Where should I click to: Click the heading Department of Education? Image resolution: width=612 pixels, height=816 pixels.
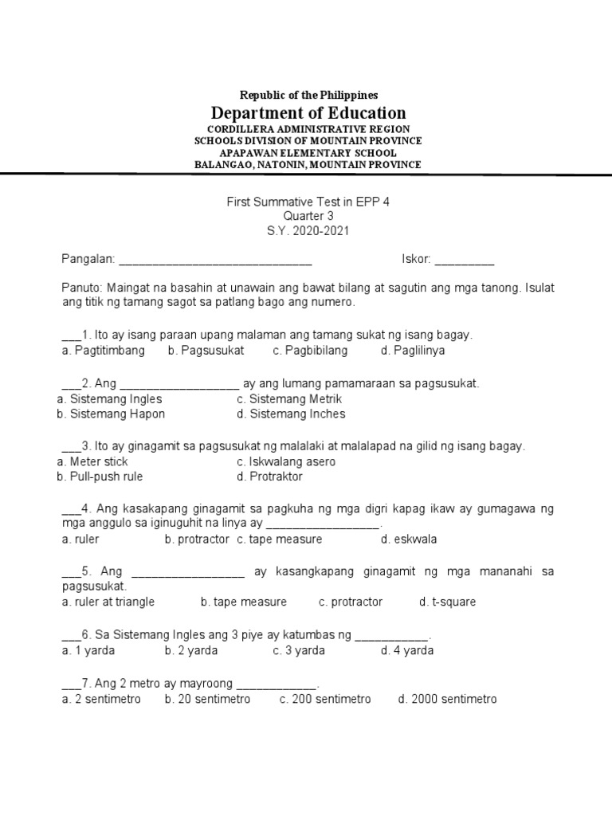coord(308,113)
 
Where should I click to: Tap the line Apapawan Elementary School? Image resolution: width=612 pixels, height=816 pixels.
coord(308,152)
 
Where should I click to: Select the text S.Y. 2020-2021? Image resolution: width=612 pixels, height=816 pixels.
coord(308,231)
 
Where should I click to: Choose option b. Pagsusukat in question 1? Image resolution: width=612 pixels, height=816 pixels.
coord(206,351)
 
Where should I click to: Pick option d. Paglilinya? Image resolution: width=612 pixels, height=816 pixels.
coord(413,351)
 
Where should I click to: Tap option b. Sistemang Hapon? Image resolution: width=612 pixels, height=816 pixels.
coord(111,414)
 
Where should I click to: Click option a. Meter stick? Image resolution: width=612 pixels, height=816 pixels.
coord(92,462)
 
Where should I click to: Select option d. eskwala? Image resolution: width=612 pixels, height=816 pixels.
coord(409,539)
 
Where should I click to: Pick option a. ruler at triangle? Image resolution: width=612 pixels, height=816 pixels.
coord(108,602)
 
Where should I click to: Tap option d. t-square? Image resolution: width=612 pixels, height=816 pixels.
coord(447,602)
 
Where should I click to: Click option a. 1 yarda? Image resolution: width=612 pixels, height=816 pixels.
coord(88,650)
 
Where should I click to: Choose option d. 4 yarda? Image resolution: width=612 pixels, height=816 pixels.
coord(407,650)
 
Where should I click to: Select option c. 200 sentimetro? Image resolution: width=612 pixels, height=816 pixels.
coord(324,699)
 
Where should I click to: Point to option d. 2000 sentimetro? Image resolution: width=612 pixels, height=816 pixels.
coord(447,699)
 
